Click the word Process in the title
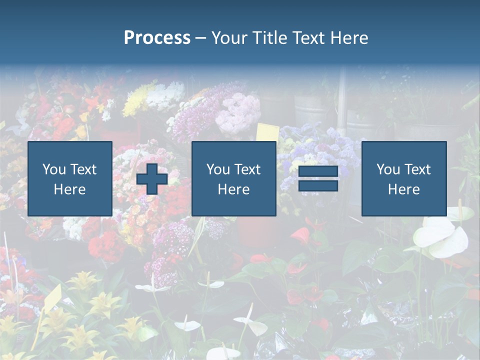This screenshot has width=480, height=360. (157, 38)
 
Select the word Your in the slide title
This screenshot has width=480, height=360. (227, 38)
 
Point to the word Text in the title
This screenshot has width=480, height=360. (309, 38)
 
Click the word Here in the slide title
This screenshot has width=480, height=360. (349, 38)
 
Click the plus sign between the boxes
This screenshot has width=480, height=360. (152, 179)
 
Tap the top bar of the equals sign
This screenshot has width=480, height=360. (318, 172)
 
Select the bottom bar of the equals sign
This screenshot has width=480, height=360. (318, 185)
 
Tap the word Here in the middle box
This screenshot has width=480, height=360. (234, 189)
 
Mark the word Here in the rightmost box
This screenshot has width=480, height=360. (404, 189)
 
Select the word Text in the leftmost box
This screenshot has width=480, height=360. (83, 169)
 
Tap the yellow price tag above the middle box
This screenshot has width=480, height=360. (267, 132)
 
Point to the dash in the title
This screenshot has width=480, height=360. (201, 38)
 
